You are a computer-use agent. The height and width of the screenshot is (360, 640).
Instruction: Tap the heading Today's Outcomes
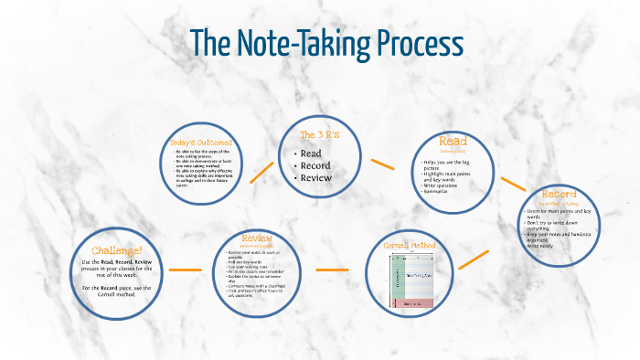pyautogui.click(x=201, y=143)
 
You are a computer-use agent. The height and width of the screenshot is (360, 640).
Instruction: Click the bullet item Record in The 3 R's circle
pyautogui.click(x=315, y=165)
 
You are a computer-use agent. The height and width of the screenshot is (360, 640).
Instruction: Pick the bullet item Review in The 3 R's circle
pyautogui.click(x=316, y=177)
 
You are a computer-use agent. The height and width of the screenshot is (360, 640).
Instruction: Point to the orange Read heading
pyautogui.click(x=453, y=142)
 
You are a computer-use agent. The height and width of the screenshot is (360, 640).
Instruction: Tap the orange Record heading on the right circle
pyautogui.click(x=559, y=196)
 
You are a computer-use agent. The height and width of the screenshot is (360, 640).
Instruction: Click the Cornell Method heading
pyautogui.click(x=410, y=247)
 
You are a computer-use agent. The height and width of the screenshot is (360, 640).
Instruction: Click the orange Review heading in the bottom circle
pyautogui.click(x=257, y=238)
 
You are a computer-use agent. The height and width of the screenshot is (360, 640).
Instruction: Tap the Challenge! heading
pyautogui.click(x=117, y=250)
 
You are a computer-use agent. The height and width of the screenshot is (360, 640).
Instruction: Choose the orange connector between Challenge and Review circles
pyautogui.click(x=185, y=270)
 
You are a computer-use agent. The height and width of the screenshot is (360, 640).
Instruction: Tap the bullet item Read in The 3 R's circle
pyautogui.click(x=312, y=154)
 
